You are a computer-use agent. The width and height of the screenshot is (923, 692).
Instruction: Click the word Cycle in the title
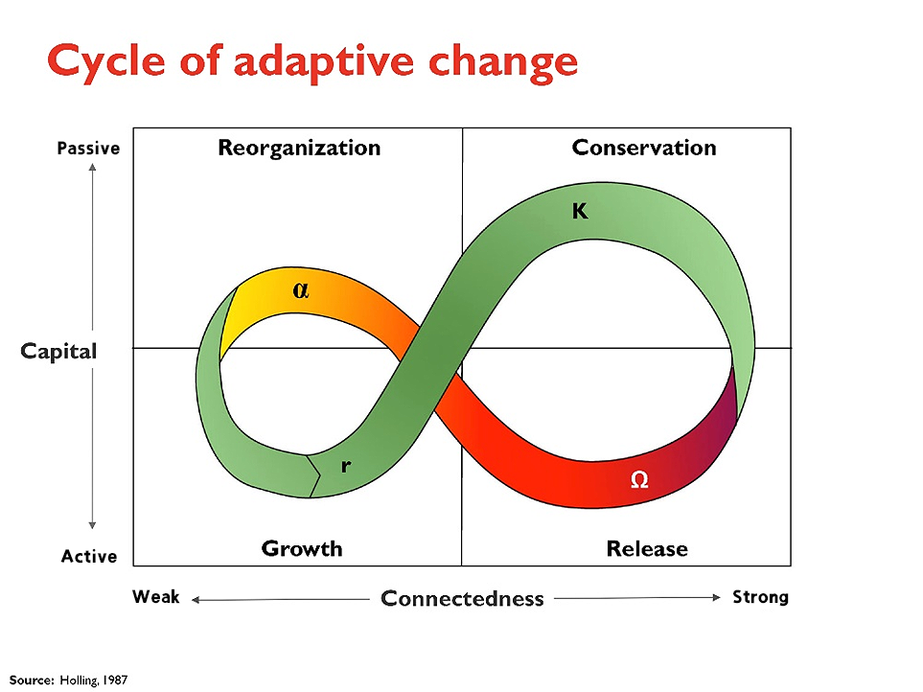106,61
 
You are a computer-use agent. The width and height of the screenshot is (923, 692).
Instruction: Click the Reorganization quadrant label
299,148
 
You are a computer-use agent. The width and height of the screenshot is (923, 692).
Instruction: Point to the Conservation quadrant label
644,147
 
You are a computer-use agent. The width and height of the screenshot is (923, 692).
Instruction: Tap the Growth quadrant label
302,548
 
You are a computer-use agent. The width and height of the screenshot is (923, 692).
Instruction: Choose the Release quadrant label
647,548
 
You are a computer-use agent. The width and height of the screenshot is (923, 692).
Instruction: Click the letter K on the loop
580,211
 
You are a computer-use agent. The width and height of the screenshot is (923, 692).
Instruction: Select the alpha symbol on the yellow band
301,290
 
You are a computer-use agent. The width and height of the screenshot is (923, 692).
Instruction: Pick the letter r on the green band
346,466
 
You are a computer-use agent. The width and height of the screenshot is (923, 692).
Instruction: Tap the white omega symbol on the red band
639,479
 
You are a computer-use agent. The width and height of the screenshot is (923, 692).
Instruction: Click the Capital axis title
58,352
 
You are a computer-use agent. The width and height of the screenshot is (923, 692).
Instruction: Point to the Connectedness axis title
462,598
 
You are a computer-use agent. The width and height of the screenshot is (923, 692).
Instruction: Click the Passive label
88,149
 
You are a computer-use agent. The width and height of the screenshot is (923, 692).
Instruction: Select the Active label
89,556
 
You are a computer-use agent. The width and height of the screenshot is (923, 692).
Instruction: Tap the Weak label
156,597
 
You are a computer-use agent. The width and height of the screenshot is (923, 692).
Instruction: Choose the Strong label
760,597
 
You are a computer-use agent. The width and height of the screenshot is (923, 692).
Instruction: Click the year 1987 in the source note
115,680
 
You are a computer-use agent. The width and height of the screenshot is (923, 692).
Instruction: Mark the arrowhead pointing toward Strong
716,598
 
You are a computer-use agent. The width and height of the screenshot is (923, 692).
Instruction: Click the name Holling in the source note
79,680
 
